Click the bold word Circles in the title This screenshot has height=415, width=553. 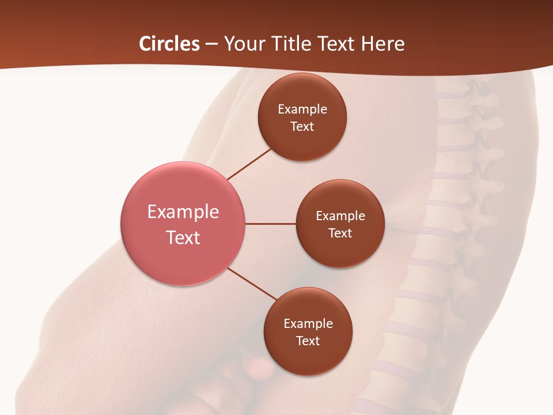coord(169,44)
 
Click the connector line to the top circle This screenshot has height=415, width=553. coord(249,164)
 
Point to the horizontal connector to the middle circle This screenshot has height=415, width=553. coord(271,224)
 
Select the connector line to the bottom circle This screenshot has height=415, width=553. coord(252,284)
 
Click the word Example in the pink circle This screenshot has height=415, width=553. coord(183,212)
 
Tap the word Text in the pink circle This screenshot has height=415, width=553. coord(183,237)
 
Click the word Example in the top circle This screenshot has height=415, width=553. coord(302,110)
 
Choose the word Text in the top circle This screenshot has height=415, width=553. coord(302,127)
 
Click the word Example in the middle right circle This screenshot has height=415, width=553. coord(340,216)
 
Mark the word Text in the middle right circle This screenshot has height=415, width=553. coord(340,233)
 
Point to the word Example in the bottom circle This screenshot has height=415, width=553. coord(308,324)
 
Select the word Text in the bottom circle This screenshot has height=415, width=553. coord(308,341)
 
